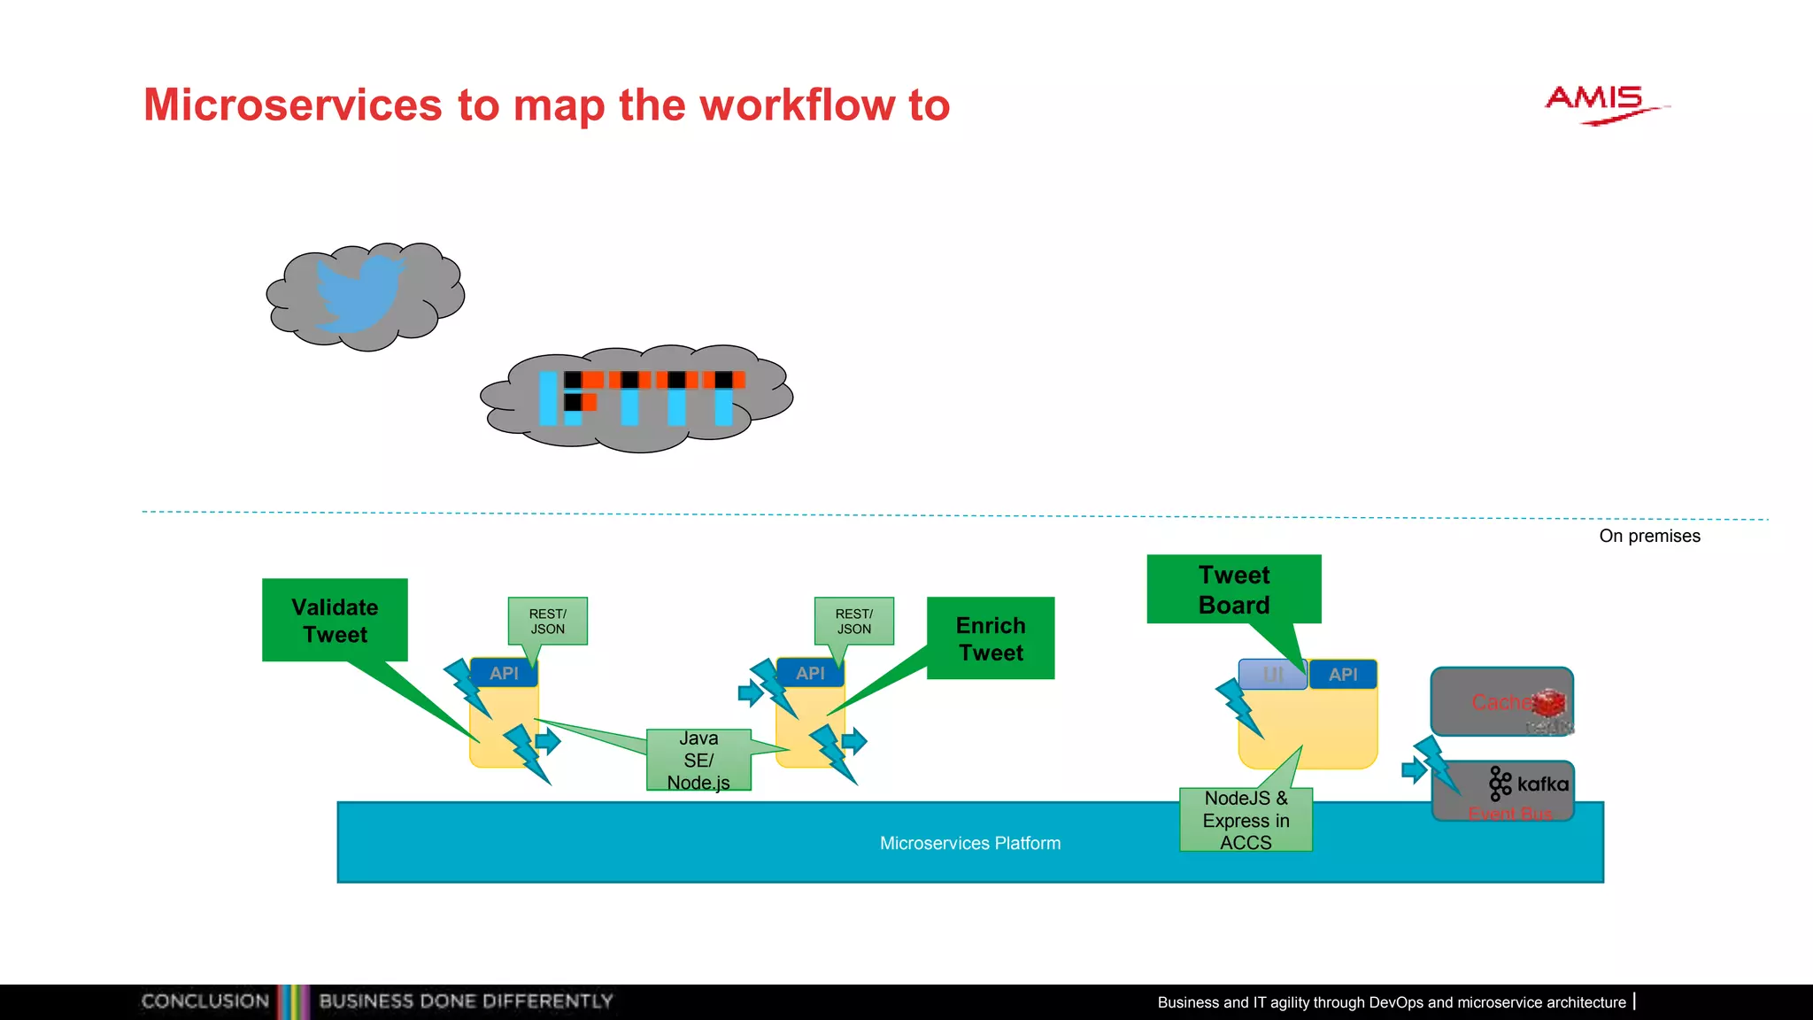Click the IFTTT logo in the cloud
click(641, 398)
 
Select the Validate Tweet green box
click(335, 620)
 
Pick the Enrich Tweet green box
click(991, 638)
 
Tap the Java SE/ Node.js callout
click(698, 760)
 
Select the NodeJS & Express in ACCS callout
click(1246, 820)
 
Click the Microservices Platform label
click(970, 843)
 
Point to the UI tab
click(1272, 675)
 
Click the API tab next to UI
click(1343, 675)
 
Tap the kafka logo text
click(1542, 784)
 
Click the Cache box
click(1501, 702)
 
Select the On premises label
click(1649, 536)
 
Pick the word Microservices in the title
click(292, 104)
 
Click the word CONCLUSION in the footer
click(205, 1001)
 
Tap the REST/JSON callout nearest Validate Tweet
click(547, 621)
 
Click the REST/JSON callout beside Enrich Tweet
click(853, 621)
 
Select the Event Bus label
click(1510, 813)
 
